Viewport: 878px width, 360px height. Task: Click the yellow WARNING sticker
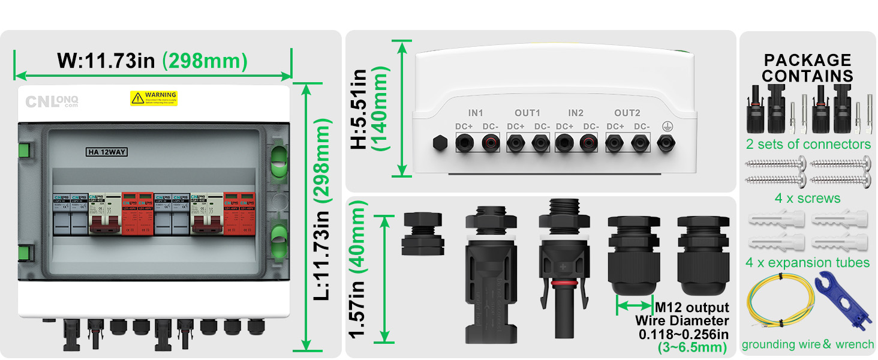[154, 98]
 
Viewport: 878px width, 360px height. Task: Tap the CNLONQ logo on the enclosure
[52, 101]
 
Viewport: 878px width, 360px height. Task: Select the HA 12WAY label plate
[107, 152]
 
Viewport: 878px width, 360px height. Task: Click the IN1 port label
[476, 113]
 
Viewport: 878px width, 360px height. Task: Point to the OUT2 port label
[627, 113]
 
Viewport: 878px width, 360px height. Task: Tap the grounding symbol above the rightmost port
[664, 126]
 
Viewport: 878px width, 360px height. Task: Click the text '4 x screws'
[807, 198]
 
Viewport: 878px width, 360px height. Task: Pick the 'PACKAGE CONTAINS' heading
[807, 68]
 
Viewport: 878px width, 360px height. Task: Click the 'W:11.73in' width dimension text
[106, 61]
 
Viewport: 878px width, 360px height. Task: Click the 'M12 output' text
[692, 308]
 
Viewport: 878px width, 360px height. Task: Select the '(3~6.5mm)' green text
[692, 347]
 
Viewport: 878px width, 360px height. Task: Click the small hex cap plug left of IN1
[440, 143]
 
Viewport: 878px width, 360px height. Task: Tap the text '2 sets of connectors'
[808, 144]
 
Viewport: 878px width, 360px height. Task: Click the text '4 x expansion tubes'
[807, 262]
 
